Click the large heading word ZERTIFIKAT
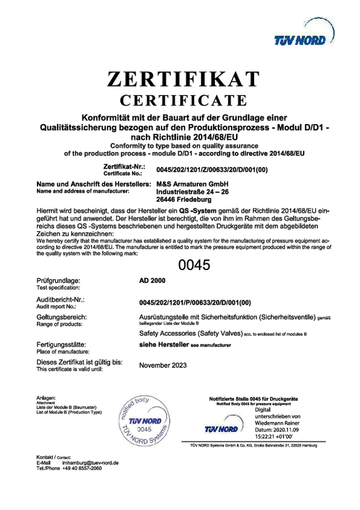[183, 80]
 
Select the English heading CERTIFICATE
[183, 100]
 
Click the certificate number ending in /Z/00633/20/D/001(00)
[212, 169]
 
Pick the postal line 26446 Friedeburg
[183, 200]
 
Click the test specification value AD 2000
[150, 282]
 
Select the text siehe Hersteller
[163, 345]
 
